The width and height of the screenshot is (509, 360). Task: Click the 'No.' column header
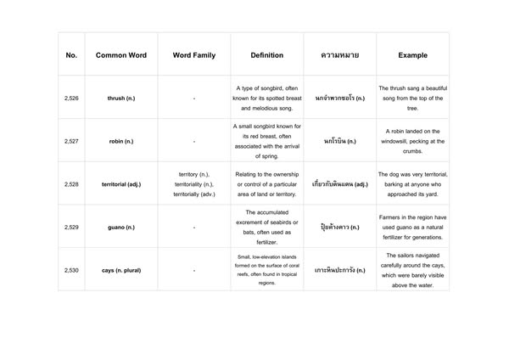(71, 55)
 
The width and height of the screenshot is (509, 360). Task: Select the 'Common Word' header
(121, 55)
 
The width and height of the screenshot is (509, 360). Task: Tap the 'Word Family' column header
(194, 55)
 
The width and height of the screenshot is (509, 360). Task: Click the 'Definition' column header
(267, 55)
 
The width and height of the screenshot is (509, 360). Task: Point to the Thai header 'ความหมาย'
(339, 55)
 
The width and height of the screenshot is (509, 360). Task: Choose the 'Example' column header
(412, 55)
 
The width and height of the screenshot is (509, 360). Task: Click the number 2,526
(71, 98)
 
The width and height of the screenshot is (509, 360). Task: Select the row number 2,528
(71, 184)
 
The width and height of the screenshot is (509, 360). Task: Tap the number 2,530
(71, 270)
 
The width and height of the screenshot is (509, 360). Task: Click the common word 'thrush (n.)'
(121, 98)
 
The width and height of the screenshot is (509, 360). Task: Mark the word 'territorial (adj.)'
(121, 184)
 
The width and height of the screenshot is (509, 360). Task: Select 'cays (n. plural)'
(121, 270)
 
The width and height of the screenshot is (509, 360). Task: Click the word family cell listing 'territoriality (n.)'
(194, 184)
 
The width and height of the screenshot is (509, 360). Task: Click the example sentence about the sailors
(412, 270)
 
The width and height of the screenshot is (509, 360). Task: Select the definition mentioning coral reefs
(267, 270)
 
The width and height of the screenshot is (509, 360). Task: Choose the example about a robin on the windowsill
(412, 142)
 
